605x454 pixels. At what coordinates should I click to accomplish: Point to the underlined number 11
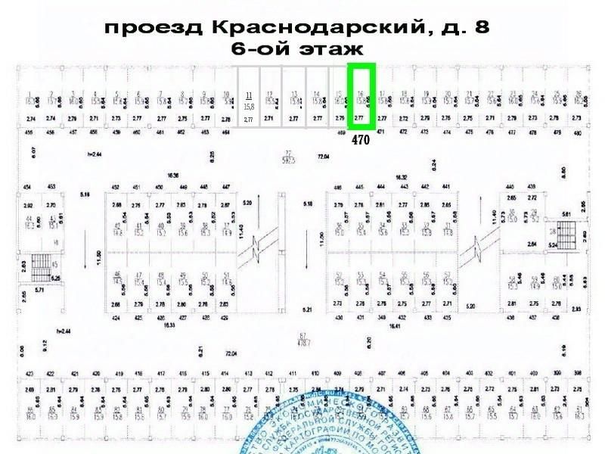tap(249, 95)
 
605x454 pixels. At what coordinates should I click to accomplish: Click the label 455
tap(29, 132)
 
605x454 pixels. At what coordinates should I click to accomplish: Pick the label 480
tap(578, 132)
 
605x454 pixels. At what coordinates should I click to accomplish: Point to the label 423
tap(29, 374)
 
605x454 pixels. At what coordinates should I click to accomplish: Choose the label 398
tap(578, 374)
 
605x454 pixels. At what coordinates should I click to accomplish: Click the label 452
tap(116, 186)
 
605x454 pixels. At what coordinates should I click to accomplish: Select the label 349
tap(382, 318)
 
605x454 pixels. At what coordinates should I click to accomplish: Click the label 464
tap(226, 132)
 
